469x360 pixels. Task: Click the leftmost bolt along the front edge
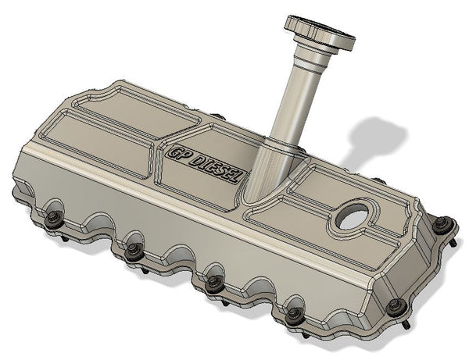(53, 217)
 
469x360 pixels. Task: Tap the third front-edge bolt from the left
(213, 283)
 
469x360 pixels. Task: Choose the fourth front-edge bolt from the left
(294, 314)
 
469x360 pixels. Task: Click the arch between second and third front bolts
(174, 261)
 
